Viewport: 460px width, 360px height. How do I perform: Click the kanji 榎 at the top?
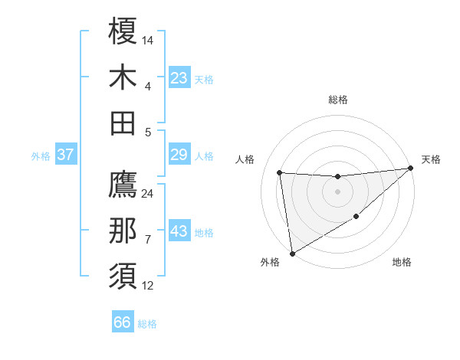[x=123, y=33]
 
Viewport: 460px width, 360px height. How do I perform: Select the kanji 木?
[x=123, y=77]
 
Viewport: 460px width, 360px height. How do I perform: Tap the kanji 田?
[x=123, y=123]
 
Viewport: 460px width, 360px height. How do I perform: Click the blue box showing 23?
[x=179, y=78]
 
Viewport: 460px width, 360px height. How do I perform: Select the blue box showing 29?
[x=179, y=155]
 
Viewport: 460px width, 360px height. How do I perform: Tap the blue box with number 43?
[x=179, y=231]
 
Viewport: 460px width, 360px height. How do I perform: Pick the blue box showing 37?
[x=65, y=155]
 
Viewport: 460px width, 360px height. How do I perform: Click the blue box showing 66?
[x=123, y=322]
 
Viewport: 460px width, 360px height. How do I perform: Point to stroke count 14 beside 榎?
[x=148, y=40]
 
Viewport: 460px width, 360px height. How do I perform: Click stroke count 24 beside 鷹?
[x=148, y=193]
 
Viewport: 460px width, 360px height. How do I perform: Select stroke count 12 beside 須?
[x=148, y=285]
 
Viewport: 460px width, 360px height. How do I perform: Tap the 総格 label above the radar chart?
[x=337, y=100]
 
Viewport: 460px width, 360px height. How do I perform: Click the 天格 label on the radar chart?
[x=431, y=159]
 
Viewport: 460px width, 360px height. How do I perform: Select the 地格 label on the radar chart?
[x=402, y=262]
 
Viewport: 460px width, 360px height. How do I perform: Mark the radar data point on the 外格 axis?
[x=291, y=253]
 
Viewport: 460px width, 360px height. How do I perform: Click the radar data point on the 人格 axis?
[x=280, y=172]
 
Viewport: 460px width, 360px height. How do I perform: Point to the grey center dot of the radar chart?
[x=337, y=191]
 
